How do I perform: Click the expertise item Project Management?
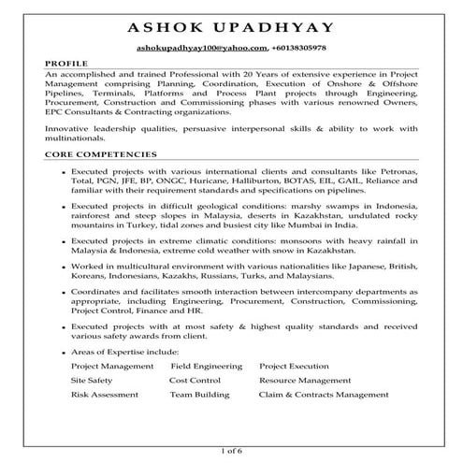(111, 366)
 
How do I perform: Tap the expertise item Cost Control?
(194, 381)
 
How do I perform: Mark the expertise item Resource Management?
(305, 381)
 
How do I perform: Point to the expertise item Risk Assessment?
(103, 396)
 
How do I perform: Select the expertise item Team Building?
(199, 396)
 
